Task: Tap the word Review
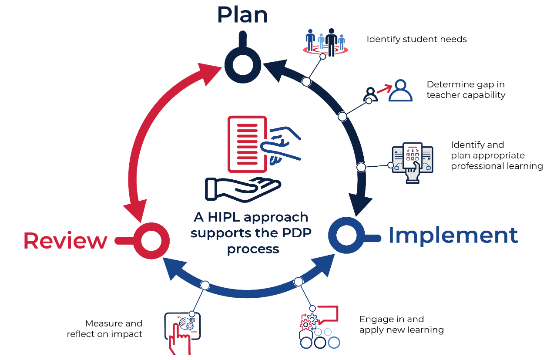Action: pyautogui.click(x=65, y=241)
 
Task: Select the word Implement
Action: pyautogui.click(x=453, y=236)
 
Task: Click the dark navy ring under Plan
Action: pyautogui.click(x=242, y=64)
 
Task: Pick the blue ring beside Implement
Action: pyautogui.click(x=346, y=236)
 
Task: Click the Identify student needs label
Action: pyautogui.click(x=416, y=40)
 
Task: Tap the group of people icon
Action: pyautogui.click(x=325, y=42)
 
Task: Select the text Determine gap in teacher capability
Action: pyautogui.click(x=466, y=90)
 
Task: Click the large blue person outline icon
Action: pyautogui.click(x=400, y=91)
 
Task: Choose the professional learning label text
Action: pyautogui.click(x=497, y=155)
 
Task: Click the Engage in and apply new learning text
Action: pyautogui.click(x=401, y=325)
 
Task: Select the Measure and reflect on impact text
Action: pyautogui.click(x=105, y=329)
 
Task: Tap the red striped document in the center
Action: pyautogui.click(x=246, y=144)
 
